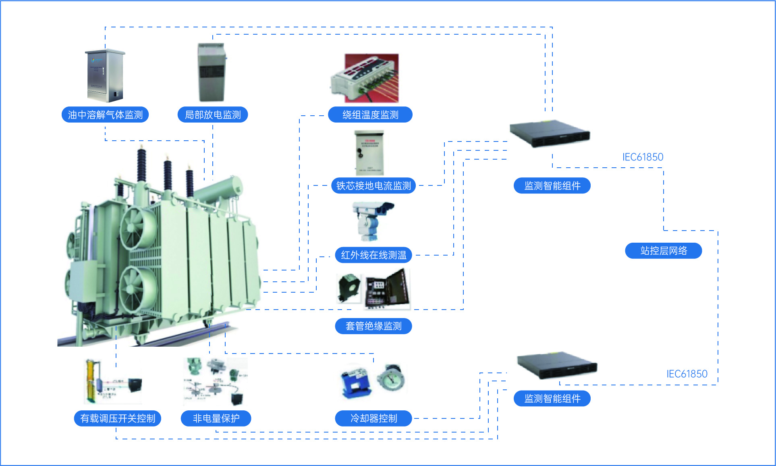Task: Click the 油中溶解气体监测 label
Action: [105, 115]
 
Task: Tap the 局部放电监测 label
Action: [213, 115]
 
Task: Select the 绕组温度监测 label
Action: [370, 115]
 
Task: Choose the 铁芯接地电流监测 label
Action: [373, 186]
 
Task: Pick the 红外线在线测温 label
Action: [373, 255]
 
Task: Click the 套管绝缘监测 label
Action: [373, 326]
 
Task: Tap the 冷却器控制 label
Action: [373, 418]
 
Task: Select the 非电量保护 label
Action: [216, 418]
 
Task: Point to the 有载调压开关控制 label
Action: [118, 418]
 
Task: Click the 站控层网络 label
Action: [664, 251]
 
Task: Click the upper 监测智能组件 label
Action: [552, 186]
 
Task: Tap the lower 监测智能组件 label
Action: [552, 399]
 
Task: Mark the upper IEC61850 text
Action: [643, 157]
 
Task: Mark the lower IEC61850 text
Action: [687, 374]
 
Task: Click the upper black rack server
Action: [550, 133]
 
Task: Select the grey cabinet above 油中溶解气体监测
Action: [105, 75]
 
